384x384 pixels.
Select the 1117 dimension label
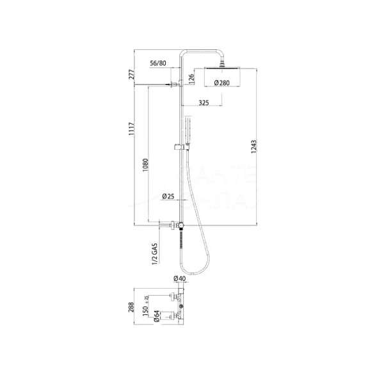tap(132, 130)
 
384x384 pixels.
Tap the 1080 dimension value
tap(147, 165)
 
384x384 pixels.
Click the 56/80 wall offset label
tap(159, 64)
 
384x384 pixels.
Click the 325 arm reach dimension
tap(205, 102)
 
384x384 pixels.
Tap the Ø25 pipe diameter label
tap(169, 196)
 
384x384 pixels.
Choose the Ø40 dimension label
tap(179, 278)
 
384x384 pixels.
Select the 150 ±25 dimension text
tap(147, 312)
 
